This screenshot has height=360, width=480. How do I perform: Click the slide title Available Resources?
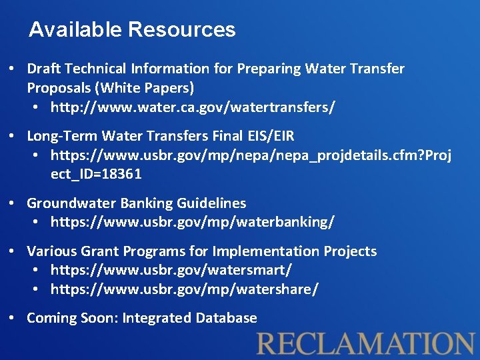[132, 30]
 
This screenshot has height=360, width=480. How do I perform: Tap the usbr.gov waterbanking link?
[193, 221]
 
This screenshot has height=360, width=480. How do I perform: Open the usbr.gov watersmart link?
[171, 270]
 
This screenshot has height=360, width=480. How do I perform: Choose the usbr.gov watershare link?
[185, 289]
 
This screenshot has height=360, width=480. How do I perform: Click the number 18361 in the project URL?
[122, 174]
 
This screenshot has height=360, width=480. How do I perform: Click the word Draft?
[43, 69]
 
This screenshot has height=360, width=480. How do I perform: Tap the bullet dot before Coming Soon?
[13, 318]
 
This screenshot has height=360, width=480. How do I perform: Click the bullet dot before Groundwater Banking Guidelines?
[13, 203]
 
